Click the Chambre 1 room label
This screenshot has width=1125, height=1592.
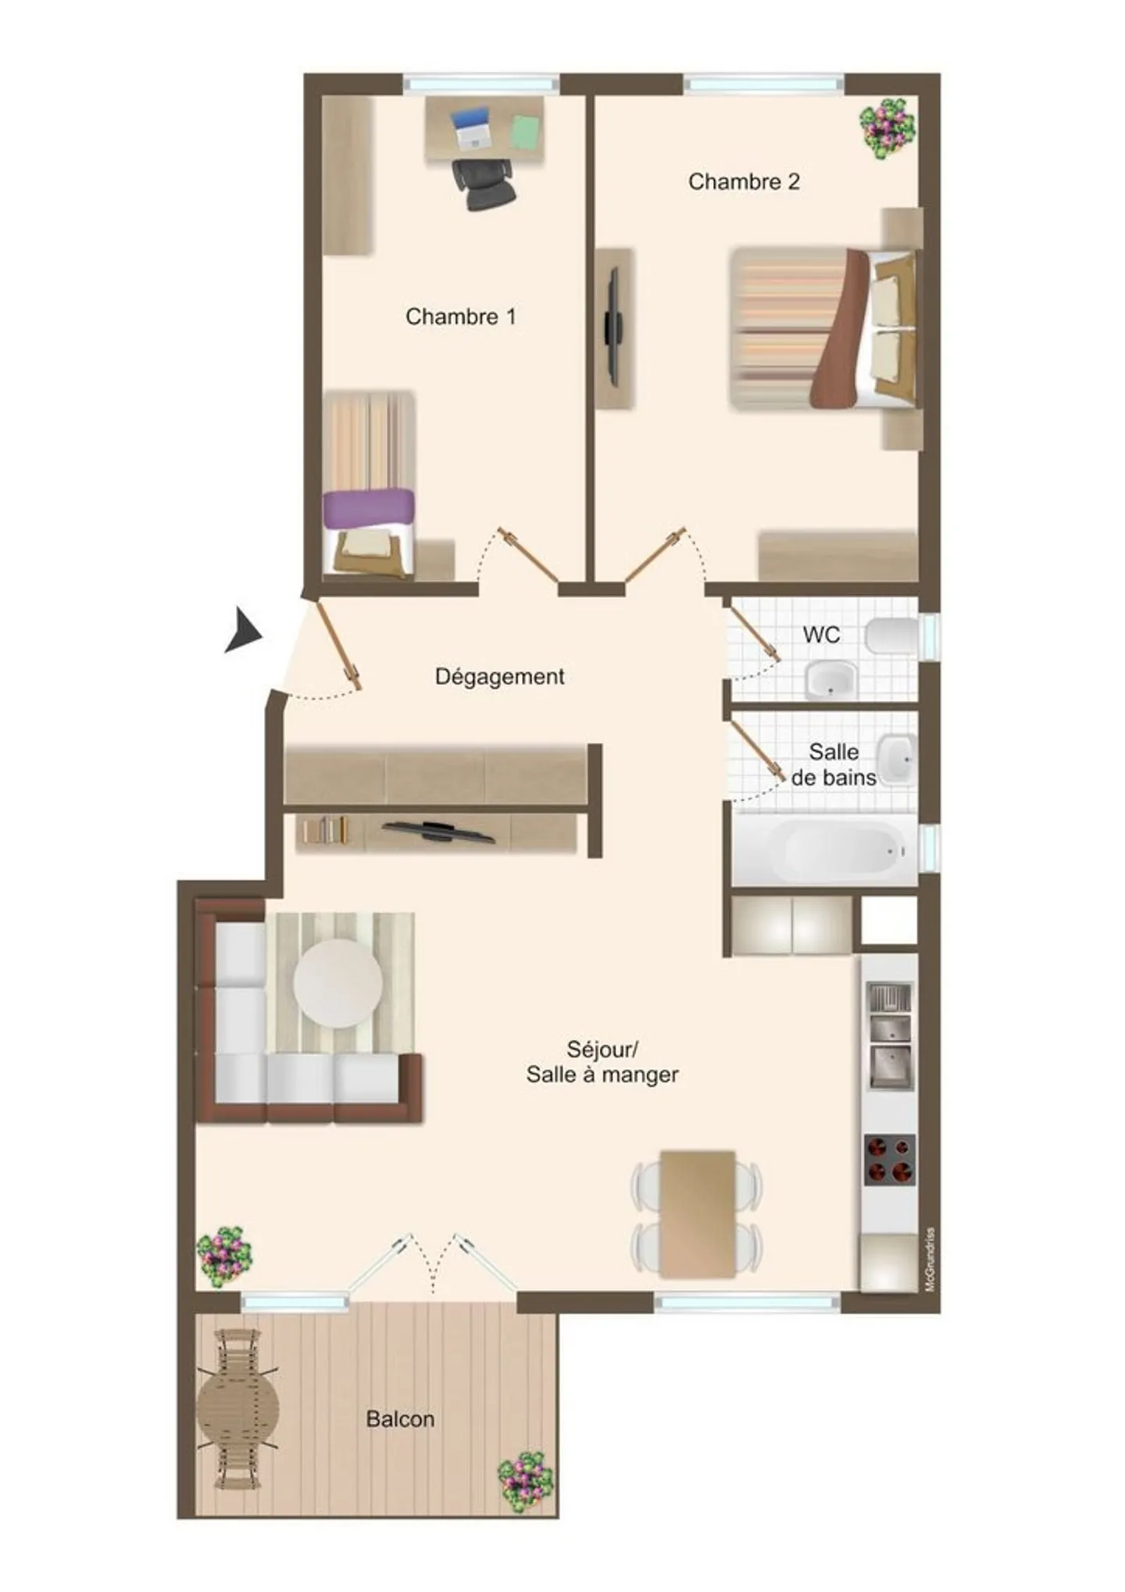(x=460, y=317)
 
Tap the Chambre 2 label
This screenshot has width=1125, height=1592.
(x=743, y=182)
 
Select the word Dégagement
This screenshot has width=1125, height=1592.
(x=499, y=676)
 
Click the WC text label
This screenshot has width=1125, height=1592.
(x=821, y=634)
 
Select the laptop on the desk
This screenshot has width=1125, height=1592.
(x=471, y=128)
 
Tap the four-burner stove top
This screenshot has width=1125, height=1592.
(x=889, y=1159)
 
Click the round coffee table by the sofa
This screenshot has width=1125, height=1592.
(x=338, y=982)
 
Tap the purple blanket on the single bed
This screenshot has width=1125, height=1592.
(x=368, y=508)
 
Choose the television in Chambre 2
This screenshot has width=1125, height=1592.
(x=614, y=327)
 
